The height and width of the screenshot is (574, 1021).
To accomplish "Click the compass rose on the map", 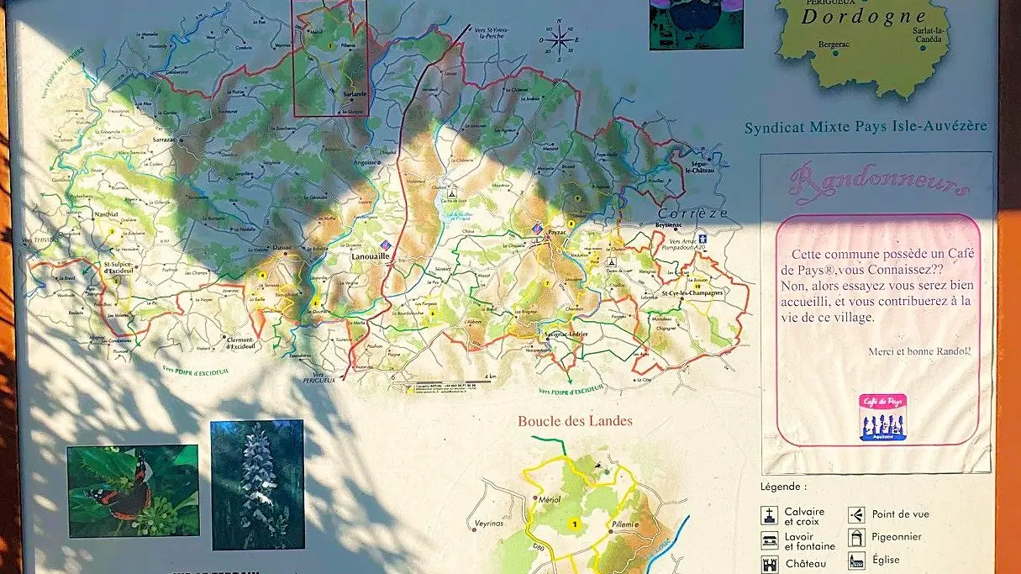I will coord(559,39).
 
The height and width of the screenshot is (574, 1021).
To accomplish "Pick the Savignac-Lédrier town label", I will coord(566,334).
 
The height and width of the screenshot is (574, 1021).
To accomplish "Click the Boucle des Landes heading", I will coord(575,421).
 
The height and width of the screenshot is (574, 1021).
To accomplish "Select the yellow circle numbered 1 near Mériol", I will coord(575,525).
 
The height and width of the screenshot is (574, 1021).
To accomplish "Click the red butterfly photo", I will coord(133,491).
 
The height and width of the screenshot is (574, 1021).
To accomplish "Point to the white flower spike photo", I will coord(257,485).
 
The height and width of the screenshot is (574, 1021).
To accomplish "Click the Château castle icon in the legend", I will coord(769,564).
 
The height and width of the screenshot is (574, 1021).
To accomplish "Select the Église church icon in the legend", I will coord(856,561).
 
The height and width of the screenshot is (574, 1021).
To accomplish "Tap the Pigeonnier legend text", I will coord(897,536).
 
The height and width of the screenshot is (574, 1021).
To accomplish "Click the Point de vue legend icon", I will coord(856,514).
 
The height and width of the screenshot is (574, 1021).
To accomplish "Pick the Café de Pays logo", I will coord(882,418).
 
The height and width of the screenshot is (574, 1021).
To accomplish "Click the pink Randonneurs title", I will coord(877,181).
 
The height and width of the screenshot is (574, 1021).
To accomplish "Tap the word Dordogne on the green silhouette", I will coord(863,16).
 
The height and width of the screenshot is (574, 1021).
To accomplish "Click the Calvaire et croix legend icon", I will coord(769,515).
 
